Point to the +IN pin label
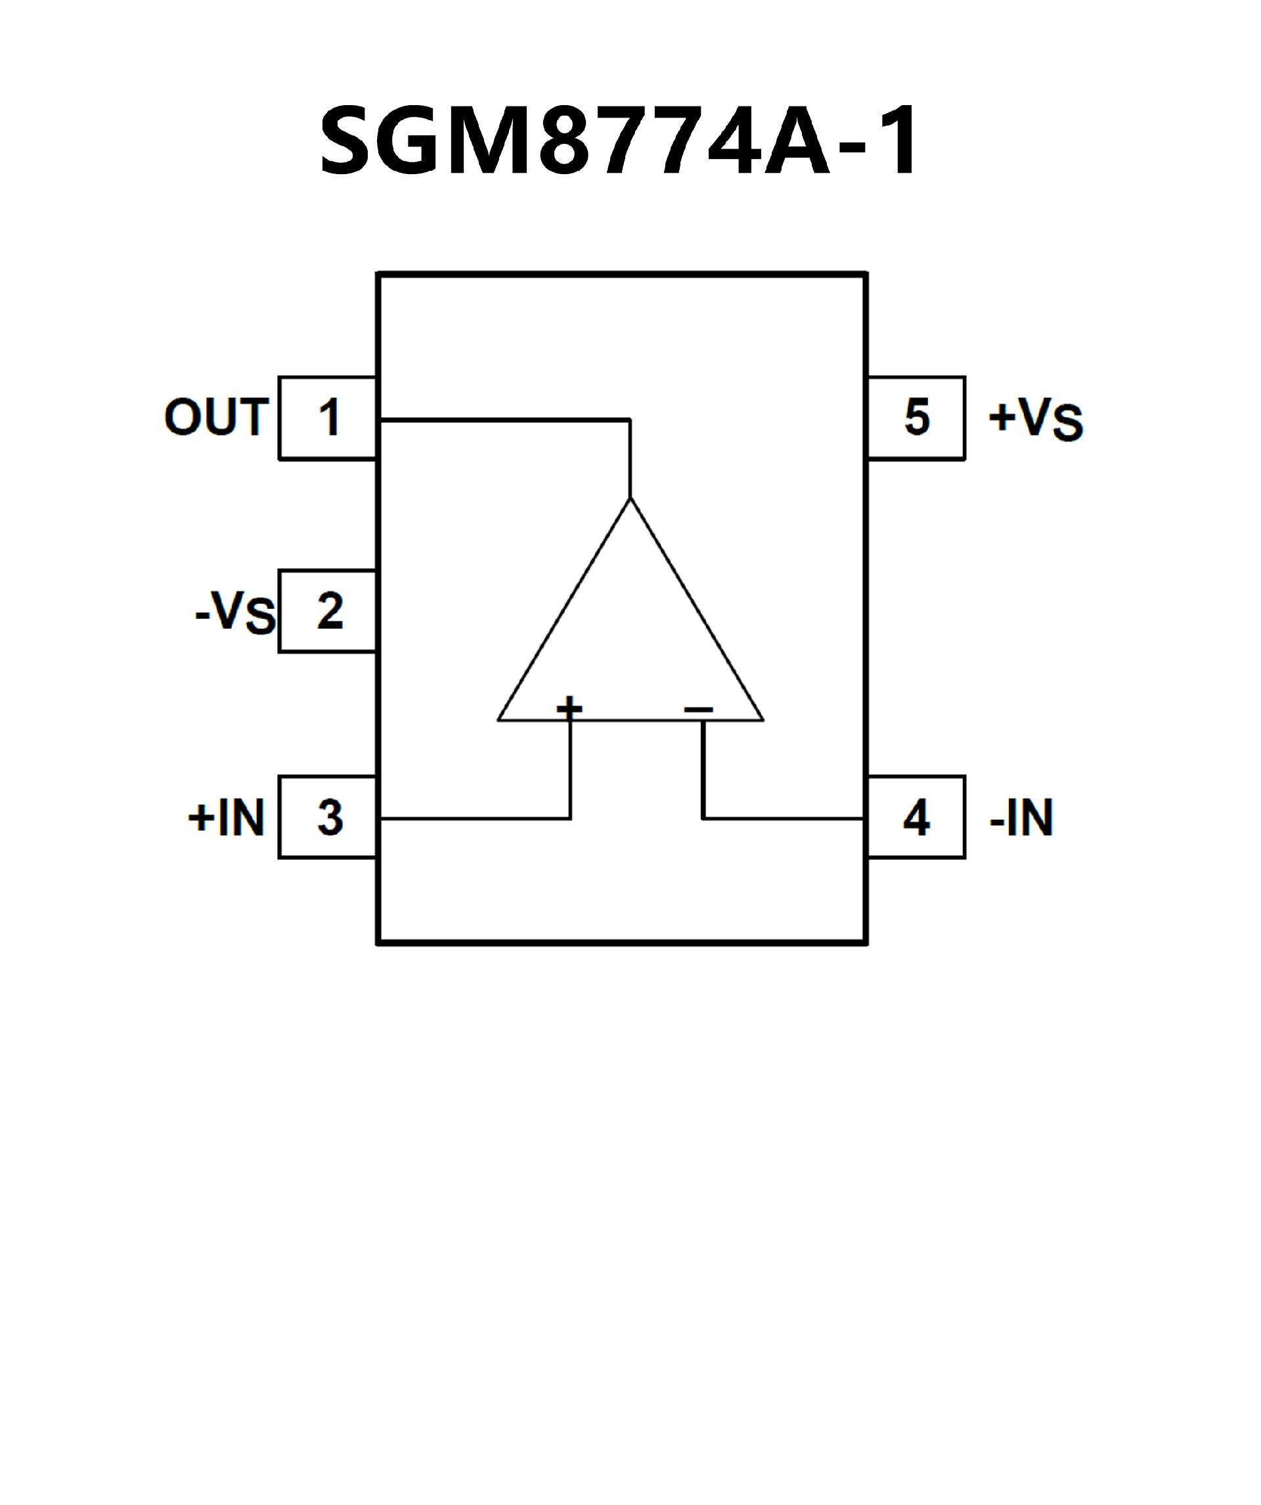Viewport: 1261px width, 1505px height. point(227,817)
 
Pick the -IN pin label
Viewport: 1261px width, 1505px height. point(1021,817)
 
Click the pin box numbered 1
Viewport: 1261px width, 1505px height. point(328,417)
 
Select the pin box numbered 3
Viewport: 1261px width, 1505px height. point(328,817)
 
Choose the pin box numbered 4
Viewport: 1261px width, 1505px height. point(916,817)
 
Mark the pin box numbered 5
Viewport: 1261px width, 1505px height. point(916,417)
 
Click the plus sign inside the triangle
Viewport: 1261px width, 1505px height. point(569,708)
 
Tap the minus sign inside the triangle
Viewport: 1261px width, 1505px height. point(699,709)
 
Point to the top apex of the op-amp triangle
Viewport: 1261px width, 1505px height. point(630,499)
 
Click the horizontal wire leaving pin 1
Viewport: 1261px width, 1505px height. point(502,419)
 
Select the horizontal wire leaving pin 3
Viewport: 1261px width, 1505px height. point(473,818)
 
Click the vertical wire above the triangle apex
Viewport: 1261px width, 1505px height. point(630,459)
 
